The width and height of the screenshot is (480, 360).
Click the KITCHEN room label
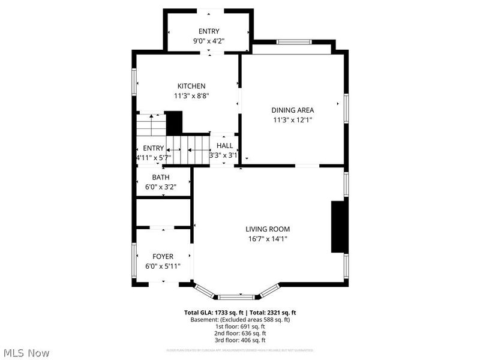pyautogui.click(x=191, y=86)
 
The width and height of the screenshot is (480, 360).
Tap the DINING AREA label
pyautogui.click(x=293, y=110)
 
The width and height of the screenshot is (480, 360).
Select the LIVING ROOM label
pyautogui.click(x=268, y=229)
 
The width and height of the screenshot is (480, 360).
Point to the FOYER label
pyautogui.click(x=163, y=256)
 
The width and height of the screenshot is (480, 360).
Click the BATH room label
pyautogui.click(x=160, y=177)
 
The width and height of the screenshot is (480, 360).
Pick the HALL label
pyautogui.click(x=224, y=145)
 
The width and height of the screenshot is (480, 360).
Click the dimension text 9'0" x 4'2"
pyautogui.click(x=209, y=41)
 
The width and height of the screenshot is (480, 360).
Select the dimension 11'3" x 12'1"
pyautogui.click(x=293, y=119)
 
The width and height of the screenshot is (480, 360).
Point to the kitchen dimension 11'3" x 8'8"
pyautogui.click(x=191, y=95)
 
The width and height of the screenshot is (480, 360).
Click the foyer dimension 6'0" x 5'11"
pyautogui.click(x=163, y=266)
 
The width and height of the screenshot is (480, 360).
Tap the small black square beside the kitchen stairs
pyautogui.click(x=174, y=123)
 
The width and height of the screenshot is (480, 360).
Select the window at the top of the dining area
pyautogui.click(x=294, y=41)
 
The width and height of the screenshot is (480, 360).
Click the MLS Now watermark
pyautogui.click(x=27, y=352)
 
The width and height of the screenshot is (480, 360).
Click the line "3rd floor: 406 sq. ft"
pyautogui.click(x=240, y=340)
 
